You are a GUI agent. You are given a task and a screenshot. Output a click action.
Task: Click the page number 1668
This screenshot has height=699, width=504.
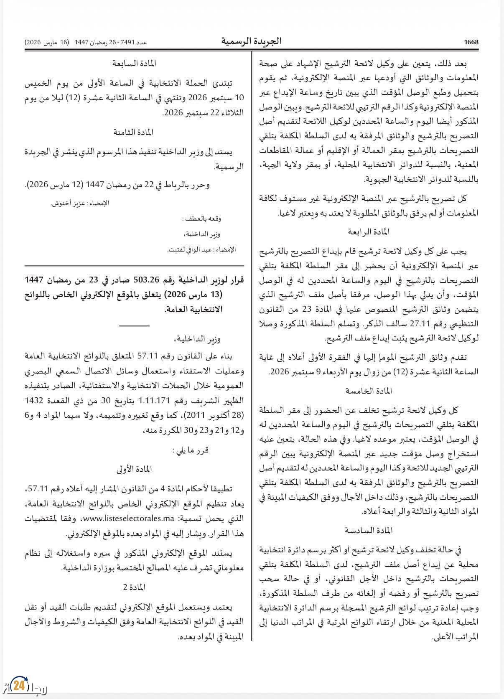tap(471, 42)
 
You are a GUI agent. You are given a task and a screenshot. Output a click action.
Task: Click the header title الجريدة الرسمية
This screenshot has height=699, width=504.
tap(251, 41)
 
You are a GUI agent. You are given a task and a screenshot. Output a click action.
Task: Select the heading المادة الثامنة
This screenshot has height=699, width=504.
tap(134, 132)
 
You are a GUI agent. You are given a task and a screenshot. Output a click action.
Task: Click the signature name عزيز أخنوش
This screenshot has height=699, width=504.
tap(65, 203)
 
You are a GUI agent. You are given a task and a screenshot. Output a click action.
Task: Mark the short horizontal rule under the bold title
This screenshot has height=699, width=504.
tap(134, 325)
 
